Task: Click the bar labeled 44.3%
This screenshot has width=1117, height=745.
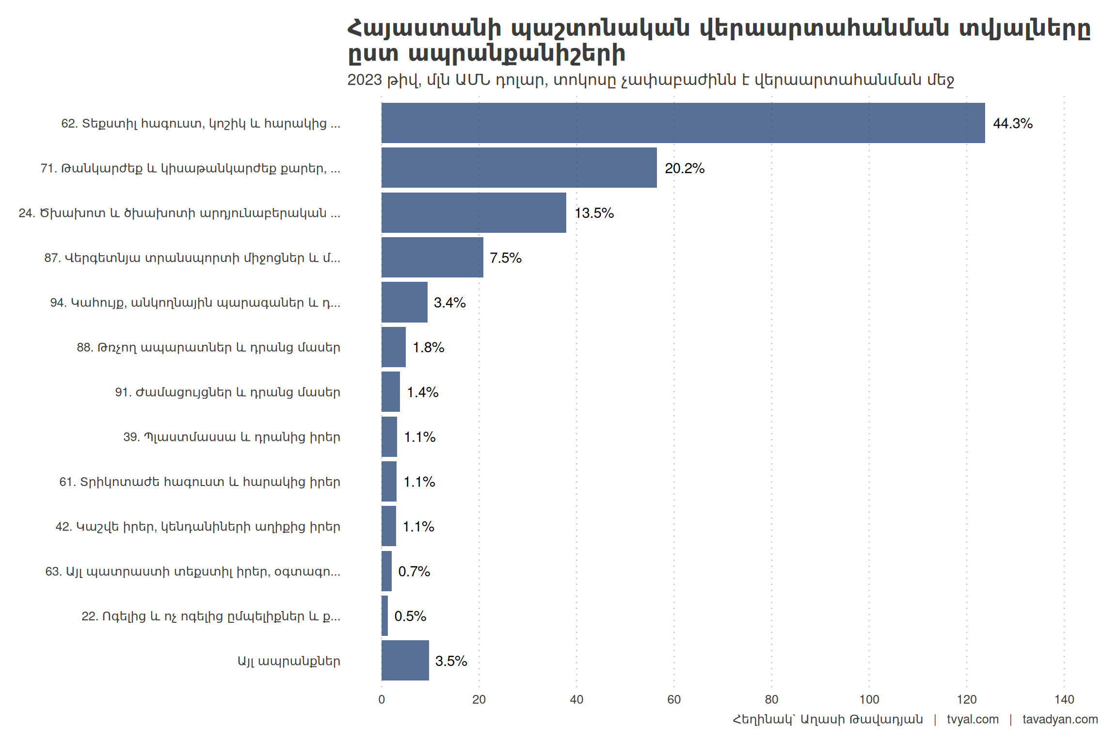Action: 683,123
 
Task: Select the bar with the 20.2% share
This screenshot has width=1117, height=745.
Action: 519,168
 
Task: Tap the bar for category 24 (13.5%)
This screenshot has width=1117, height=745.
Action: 474,212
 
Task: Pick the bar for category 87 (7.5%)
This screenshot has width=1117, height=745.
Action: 432,258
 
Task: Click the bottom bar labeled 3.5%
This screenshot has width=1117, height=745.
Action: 405,661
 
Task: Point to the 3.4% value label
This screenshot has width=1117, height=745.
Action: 449,303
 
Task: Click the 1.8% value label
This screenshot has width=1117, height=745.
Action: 428,347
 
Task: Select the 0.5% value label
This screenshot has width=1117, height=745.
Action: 410,616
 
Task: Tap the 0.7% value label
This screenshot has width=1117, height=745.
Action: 414,571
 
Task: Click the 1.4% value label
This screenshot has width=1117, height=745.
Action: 422,392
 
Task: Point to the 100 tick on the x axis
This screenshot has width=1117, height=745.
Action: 869,699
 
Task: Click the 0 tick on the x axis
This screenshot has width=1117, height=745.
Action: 382,699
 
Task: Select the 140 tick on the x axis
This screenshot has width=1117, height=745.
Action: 1064,699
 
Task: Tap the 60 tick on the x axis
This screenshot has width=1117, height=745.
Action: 674,699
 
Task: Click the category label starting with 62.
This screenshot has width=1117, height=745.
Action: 201,123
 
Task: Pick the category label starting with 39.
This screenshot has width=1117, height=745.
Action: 232,437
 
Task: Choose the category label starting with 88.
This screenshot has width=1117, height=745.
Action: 208,347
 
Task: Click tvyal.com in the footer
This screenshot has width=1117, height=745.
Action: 973,719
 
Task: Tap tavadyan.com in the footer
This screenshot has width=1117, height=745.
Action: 1060,719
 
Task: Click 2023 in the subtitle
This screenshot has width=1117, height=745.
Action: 365,80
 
